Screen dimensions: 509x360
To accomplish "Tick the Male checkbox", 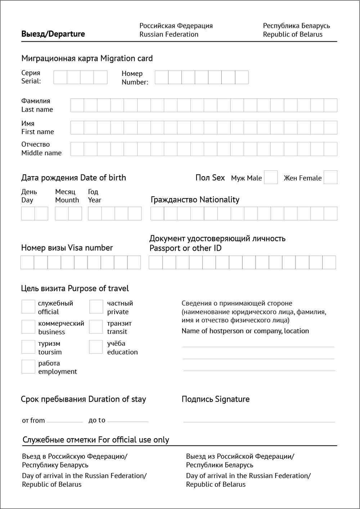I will point(271,177).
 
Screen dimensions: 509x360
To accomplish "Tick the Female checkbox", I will point(330,177).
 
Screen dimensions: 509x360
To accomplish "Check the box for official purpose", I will point(28,307).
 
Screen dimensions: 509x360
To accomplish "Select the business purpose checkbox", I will point(28,327).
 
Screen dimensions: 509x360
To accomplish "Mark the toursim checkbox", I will point(28,347).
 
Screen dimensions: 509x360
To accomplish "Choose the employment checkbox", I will point(28,367).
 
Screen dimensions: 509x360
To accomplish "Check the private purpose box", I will point(96,307).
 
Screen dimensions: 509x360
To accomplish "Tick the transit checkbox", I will point(96,327).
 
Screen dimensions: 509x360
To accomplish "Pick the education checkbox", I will point(96,347).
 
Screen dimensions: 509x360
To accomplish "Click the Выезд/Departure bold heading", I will point(53,34).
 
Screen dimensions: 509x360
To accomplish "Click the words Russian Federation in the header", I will point(169,35).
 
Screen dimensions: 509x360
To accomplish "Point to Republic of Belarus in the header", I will point(293,35).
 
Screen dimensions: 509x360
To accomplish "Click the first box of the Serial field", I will point(60,77).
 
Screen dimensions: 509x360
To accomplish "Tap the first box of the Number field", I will point(162,77).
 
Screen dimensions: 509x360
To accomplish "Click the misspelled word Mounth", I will point(67,200).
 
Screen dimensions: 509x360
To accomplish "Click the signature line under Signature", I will point(259,421).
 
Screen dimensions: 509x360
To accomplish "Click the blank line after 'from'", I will point(64,421).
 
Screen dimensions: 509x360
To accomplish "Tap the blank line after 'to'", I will point(128,421).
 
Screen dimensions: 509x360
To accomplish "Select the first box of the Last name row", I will point(77,105).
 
